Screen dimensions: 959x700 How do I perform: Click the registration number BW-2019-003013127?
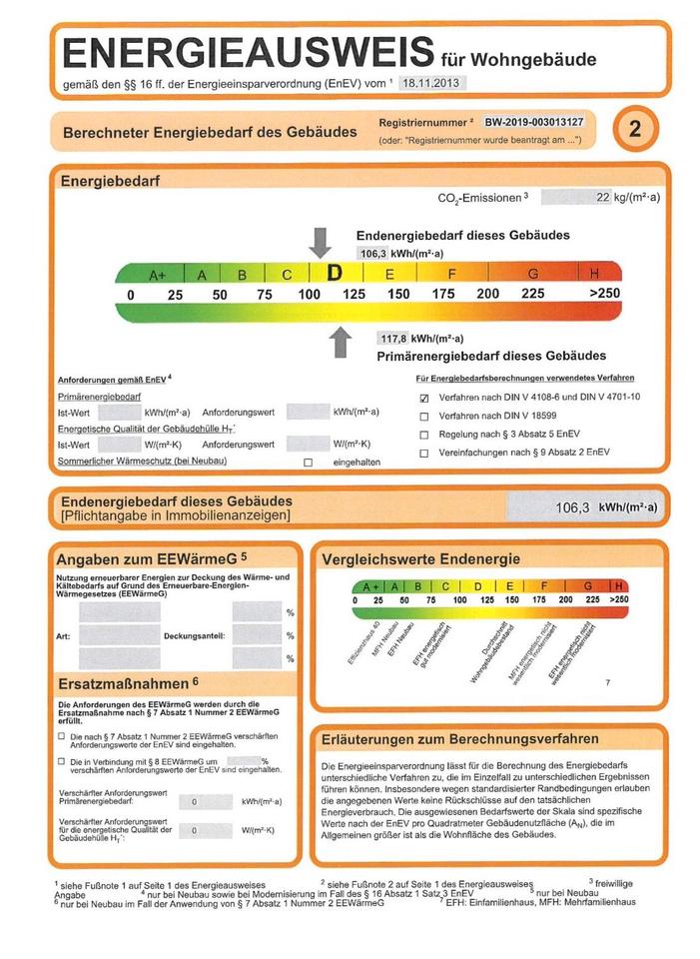point(533,122)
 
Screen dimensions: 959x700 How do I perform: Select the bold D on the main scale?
point(335,273)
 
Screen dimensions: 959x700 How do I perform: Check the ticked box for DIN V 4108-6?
point(423,398)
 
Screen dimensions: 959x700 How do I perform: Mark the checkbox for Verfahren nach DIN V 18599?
point(423,416)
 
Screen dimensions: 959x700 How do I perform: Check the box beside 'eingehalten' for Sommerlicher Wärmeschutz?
point(308,462)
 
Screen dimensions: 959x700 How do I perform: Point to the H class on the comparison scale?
point(619,585)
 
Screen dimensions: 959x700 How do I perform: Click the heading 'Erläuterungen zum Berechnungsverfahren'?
point(460,739)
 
